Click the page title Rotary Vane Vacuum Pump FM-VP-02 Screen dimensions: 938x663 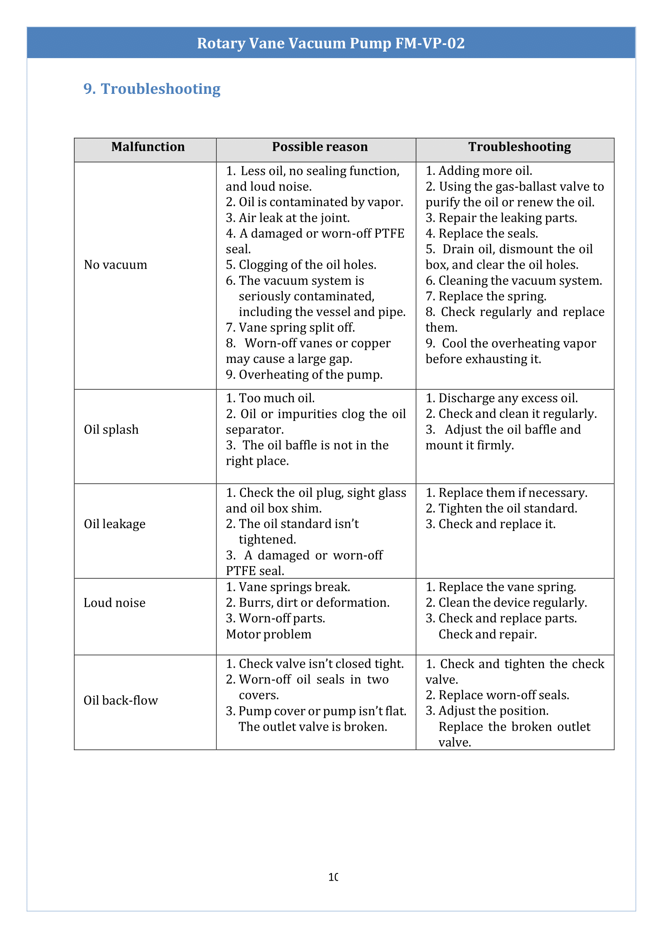[330, 43]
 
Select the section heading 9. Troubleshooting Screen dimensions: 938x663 [152, 89]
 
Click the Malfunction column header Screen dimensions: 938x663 [148, 147]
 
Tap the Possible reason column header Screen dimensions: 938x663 [320, 147]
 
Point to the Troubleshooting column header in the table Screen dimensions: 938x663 [519, 147]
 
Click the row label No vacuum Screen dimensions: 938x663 [115, 265]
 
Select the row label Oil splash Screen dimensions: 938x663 [111, 429]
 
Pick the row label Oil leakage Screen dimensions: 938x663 [114, 524]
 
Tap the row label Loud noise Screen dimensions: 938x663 [114, 603]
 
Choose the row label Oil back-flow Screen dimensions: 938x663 [121, 701]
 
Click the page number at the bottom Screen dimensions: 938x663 [333, 877]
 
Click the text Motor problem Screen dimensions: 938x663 [269, 634]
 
